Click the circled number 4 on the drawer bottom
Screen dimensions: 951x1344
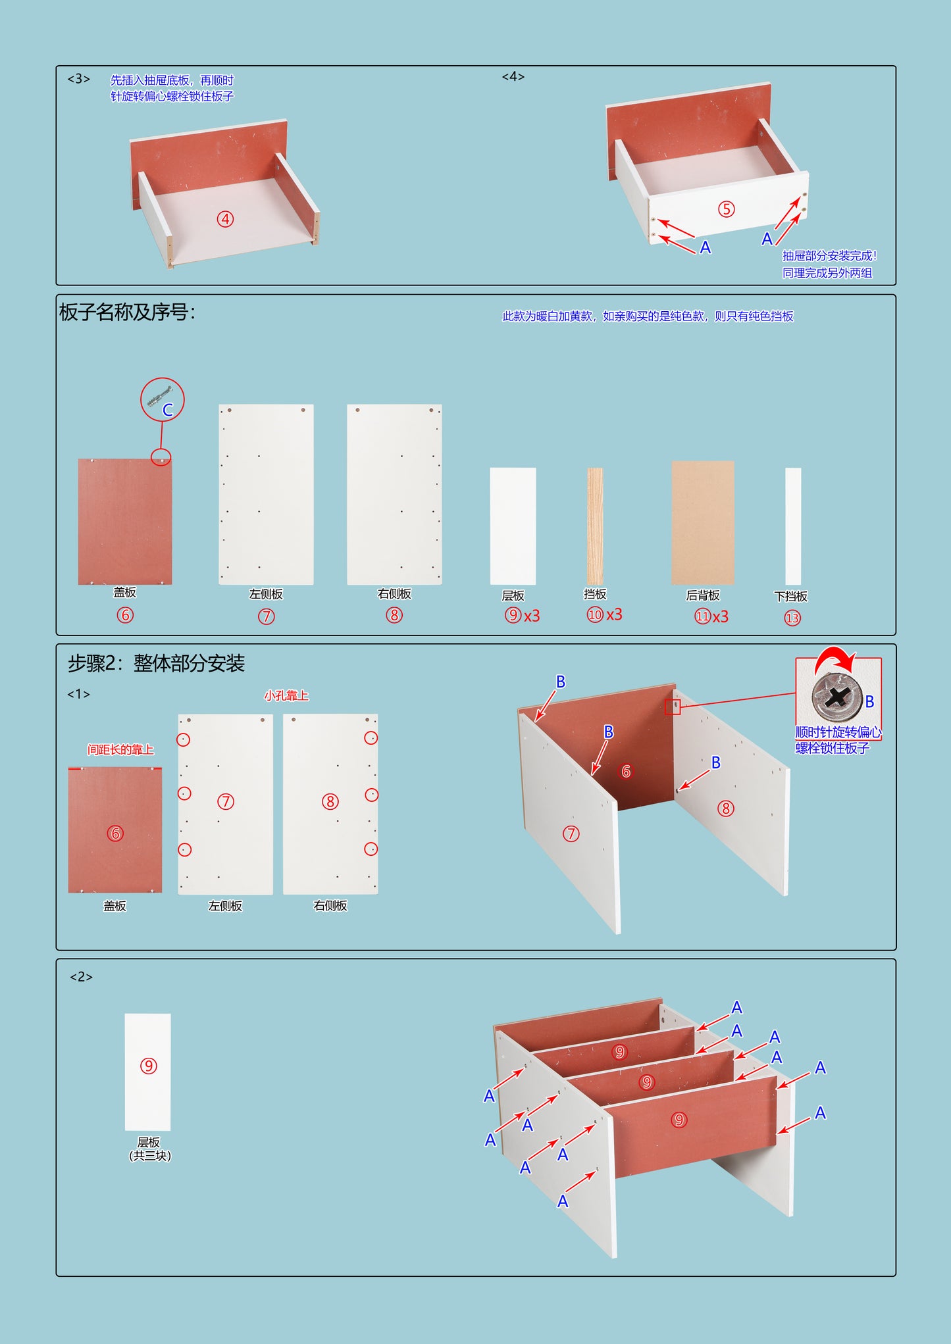click(x=226, y=219)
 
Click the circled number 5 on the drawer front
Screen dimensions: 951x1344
click(x=726, y=209)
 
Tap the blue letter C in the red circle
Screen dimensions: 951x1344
click(x=168, y=410)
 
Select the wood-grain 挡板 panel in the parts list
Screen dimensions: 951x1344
click(x=595, y=526)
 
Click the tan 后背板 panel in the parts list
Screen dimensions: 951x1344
click(x=702, y=522)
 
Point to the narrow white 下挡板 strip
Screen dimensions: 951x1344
click(x=793, y=526)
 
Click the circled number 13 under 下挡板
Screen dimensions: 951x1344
click(x=792, y=618)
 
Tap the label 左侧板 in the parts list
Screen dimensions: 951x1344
click(x=266, y=594)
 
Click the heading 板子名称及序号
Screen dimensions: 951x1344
click(x=127, y=312)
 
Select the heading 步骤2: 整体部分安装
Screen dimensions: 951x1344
click(x=156, y=662)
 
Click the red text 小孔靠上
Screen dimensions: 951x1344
click(x=286, y=695)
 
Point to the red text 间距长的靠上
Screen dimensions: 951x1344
click(x=120, y=749)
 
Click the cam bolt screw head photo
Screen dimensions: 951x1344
click(x=836, y=696)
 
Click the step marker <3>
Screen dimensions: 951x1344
click(x=78, y=79)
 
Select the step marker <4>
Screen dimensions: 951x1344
click(x=513, y=76)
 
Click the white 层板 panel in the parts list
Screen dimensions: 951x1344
click(x=513, y=526)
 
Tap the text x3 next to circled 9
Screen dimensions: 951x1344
click(x=532, y=616)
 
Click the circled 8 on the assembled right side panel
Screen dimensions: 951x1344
click(x=726, y=809)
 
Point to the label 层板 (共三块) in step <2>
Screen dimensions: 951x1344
click(x=149, y=1149)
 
